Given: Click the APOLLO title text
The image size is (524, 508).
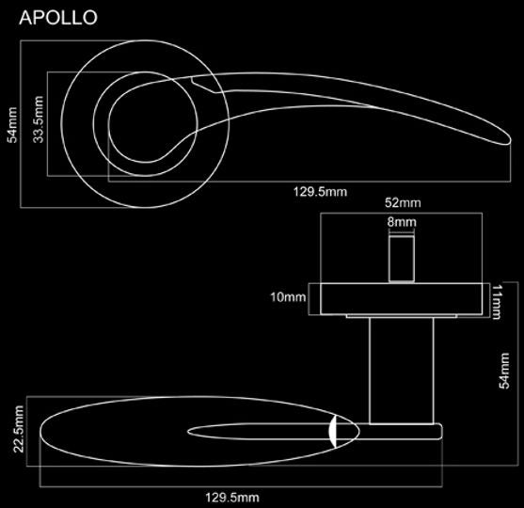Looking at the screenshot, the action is point(58,17).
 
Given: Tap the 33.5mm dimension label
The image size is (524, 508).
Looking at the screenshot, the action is point(39,119).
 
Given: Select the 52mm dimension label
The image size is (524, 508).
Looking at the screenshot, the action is point(403,202).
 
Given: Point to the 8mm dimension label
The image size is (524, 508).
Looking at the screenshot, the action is point(402,222).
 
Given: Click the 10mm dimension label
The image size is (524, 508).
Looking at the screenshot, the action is point(288,296).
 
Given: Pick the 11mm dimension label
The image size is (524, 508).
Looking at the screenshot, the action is point(497,302).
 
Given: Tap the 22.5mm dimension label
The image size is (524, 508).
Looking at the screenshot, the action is point(19,429).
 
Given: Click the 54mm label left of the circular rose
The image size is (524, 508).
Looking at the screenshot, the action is point(12,125).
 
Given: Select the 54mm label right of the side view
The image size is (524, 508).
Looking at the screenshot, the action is point(504,371).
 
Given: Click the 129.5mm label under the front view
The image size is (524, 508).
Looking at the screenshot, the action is point(320,192).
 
